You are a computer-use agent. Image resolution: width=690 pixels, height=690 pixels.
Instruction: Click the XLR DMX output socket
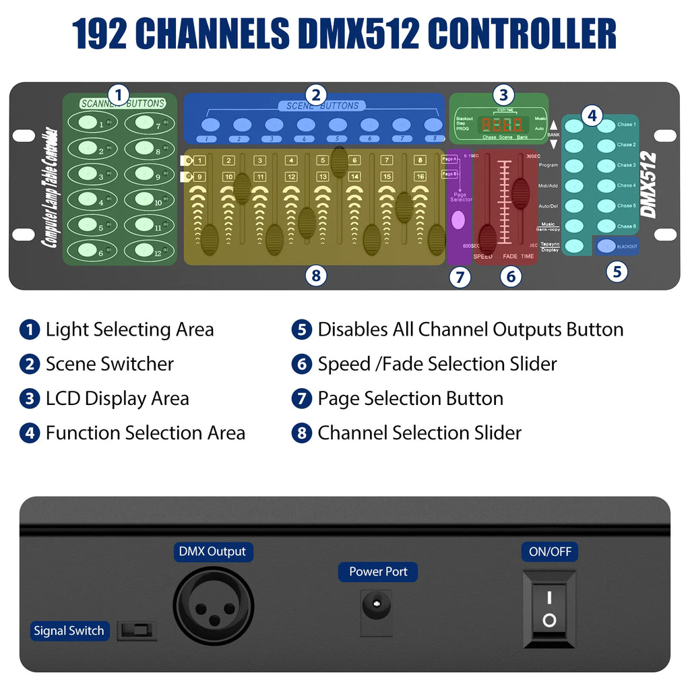tap(214, 605)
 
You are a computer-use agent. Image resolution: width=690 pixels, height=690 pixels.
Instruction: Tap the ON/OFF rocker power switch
tap(549, 609)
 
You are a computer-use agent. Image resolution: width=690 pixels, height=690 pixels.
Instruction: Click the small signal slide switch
tap(137, 631)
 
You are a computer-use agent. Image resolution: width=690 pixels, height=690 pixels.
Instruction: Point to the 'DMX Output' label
tap(212, 552)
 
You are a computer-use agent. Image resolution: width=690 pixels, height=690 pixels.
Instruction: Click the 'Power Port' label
tap(378, 572)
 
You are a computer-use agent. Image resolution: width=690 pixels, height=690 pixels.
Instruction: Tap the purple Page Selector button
tap(459, 219)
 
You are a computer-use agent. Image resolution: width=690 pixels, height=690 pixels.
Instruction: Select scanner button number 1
tap(88, 123)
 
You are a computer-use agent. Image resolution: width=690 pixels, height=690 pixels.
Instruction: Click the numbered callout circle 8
tap(315, 275)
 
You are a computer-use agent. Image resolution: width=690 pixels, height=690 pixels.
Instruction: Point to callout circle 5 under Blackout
tap(616, 272)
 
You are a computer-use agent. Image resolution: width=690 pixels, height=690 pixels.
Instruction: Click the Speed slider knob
tap(487, 235)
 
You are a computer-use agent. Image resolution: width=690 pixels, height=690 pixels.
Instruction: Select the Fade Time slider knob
tap(520, 193)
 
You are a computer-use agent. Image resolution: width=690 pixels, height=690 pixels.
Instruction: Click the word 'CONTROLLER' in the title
tap(522, 34)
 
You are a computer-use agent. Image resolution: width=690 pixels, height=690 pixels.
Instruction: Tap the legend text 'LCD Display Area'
tap(117, 398)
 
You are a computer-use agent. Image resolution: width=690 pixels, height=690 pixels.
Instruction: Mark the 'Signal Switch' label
tap(69, 631)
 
